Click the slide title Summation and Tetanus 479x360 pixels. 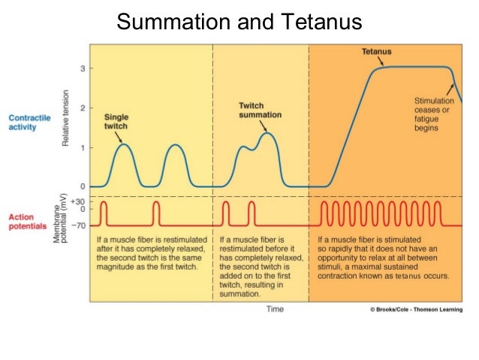239,22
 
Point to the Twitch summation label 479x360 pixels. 260,110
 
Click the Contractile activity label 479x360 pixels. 30,122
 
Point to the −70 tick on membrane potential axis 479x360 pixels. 79,225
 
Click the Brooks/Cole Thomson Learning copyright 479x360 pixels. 417,309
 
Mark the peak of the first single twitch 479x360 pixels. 125,144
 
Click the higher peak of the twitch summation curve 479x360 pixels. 266,133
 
